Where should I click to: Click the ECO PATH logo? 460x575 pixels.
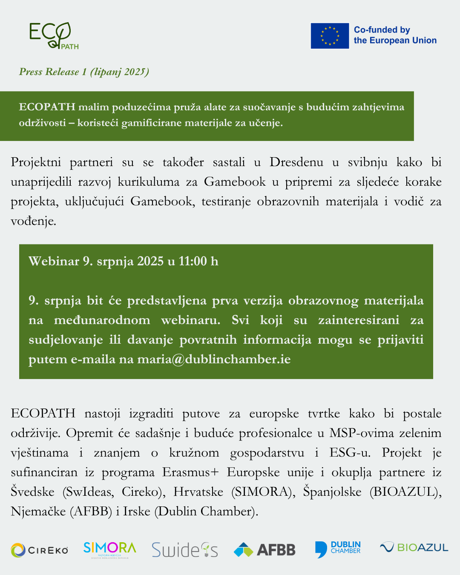[53, 36]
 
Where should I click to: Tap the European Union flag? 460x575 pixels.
[330, 36]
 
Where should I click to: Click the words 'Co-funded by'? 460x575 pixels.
[382, 30]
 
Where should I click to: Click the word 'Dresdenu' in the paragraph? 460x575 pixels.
[296, 162]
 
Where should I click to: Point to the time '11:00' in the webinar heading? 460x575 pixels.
[193, 261]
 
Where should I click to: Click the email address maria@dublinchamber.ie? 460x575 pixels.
[214, 359]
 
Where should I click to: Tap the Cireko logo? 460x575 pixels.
[40, 550]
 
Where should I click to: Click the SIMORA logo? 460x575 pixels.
[109, 549]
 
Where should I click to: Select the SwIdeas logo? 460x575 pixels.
[184, 550]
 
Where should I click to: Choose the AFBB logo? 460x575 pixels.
[264, 550]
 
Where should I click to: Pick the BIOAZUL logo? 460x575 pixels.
[414, 547]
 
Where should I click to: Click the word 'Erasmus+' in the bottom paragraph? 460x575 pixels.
[190, 472]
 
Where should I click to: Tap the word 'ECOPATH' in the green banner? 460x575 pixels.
[47, 107]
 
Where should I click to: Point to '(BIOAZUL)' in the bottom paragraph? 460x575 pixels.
[405, 492]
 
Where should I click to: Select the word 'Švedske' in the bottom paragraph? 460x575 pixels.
[32, 492]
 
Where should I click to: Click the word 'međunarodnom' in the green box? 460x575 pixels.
[102, 320]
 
